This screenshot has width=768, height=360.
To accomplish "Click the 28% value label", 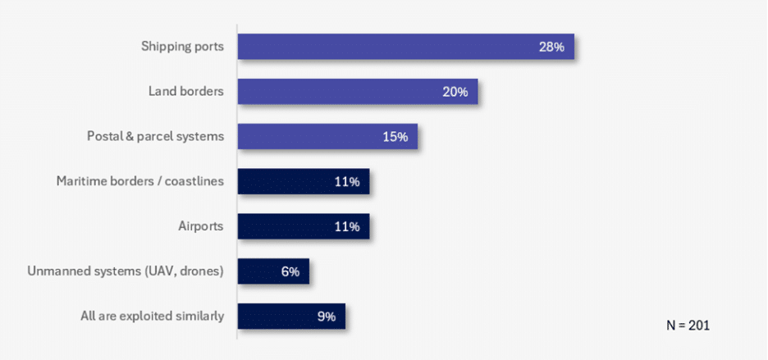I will [x=551, y=47].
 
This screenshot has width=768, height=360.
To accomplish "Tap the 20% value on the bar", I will [x=455, y=92].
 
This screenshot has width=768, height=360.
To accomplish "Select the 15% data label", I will [x=395, y=137].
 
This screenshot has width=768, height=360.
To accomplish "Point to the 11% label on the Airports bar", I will [x=346, y=226].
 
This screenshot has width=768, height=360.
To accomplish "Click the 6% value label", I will [x=290, y=271].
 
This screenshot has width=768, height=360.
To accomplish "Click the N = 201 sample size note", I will [x=688, y=326].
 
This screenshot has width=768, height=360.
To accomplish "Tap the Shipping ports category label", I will [x=182, y=47].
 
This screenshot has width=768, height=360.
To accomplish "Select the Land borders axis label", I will [x=186, y=92].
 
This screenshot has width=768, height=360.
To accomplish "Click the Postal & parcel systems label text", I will [x=155, y=136].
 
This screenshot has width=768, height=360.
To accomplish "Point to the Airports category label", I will [x=200, y=226].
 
